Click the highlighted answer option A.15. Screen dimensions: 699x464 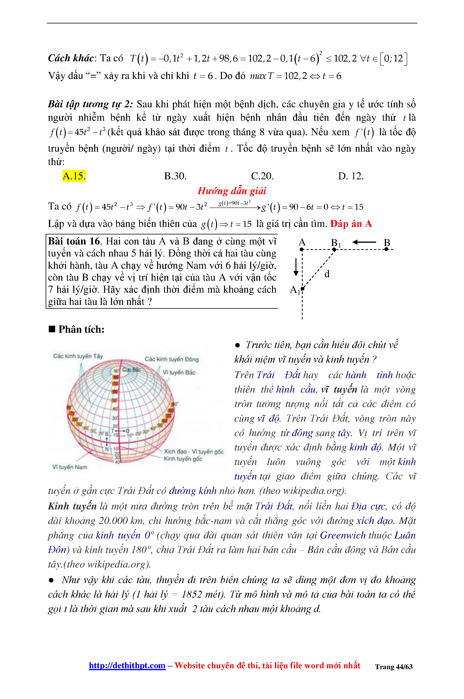pos(74,176)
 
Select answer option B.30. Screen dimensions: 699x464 pos(175,176)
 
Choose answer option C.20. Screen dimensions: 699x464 pos(262,176)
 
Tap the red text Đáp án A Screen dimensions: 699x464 pos(351,224)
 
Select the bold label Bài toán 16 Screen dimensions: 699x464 pos(74,241)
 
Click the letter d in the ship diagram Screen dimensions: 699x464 pos(327,274)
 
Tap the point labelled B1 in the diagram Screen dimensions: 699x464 pos(334,249)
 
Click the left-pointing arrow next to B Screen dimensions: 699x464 pos(364,242)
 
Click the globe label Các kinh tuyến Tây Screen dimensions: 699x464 pos(78,356)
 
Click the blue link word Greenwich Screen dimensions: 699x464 pos(343,535)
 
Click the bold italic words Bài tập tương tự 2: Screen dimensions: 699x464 pos(90,104)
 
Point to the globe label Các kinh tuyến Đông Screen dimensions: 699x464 pos(172,359)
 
